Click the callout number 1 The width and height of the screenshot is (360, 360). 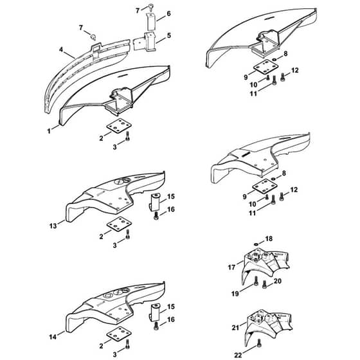(x=49, y=131)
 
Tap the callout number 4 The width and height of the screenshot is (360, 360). (x=61, y=50)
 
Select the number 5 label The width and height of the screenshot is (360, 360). (x=169, y=35)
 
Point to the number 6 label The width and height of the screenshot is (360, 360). (x=168, y=14)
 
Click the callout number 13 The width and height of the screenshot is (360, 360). (x=53, y=226)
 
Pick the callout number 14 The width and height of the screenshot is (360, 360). (x=53, y=337)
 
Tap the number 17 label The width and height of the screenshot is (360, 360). (x=231, y=267)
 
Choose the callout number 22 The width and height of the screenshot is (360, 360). (x=238, y=355)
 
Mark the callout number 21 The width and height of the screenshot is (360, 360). (x=235, y=328)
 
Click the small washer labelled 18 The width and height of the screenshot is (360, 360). (x=256, y=244)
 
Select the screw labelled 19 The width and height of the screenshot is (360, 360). (x=256, y=281)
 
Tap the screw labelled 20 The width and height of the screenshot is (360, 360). (x=264, y=284)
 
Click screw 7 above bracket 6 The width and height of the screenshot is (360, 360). (x=151, y=7)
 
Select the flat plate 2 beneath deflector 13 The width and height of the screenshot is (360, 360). (x=119, y=224)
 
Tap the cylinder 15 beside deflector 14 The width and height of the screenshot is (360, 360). (x=155, y=312)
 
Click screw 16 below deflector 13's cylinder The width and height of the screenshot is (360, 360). (x=156, y=216)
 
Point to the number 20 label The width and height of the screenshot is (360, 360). (x=278, y=281)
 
